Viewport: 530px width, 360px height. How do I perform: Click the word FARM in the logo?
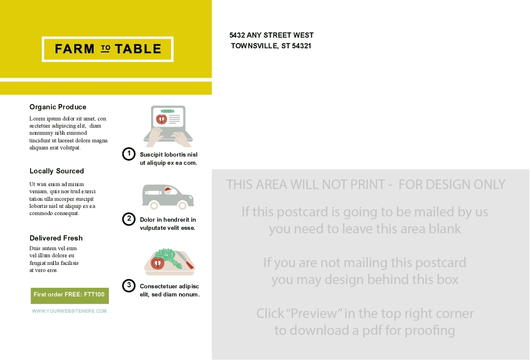click(x=74, y=49)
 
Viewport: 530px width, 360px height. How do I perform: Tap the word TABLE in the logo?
click(x=138, y=49)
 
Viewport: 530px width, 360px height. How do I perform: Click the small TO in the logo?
click(x=105, y=48)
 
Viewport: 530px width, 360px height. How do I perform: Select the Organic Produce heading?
click(x=58, y=107)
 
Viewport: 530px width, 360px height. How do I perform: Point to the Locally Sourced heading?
click(x=56, y=171)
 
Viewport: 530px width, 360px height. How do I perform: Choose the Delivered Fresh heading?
click(x=56, y=238)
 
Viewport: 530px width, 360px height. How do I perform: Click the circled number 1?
click(x=129, y=154)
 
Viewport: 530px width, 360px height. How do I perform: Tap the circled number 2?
click(x=129, y=219)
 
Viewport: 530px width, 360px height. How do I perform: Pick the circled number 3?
click(x=129, y=286)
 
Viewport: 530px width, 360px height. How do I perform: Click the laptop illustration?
click(x=168, y=126)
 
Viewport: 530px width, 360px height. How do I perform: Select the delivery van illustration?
click(x=168, y=197)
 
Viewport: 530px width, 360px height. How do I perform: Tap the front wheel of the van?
click(x=183, y=205)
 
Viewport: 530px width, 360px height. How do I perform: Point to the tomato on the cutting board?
click(x=157, y=263)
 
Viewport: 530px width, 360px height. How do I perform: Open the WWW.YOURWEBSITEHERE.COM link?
click(x=69, y=311)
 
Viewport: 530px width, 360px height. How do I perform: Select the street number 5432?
click(x=237, y=35)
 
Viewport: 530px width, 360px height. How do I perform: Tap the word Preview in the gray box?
click(x=314, y=313)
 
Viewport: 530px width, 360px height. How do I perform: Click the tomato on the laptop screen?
click(x=162, y=119)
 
